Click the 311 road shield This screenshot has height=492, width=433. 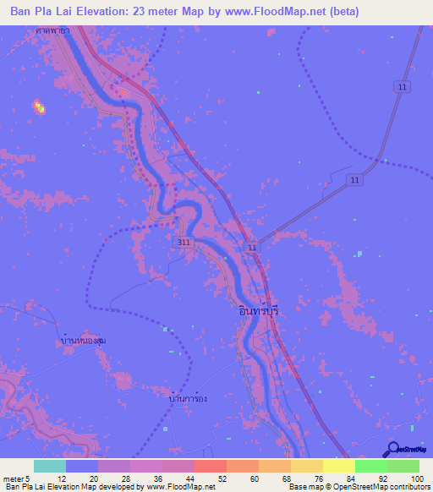pyautogui.click(x=185, y=242)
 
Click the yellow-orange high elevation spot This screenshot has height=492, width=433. pyautogui.click(x=38, y=106)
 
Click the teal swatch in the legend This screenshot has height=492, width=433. pyautogui.click(x=49, y=466)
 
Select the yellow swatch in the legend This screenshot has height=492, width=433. pyautogui.click(x=338, y=466)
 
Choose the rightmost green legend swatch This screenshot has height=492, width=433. pyautogui.click(x=403, y=466)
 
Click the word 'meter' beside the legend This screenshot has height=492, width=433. pyautogui.click(x=13, y=478)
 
